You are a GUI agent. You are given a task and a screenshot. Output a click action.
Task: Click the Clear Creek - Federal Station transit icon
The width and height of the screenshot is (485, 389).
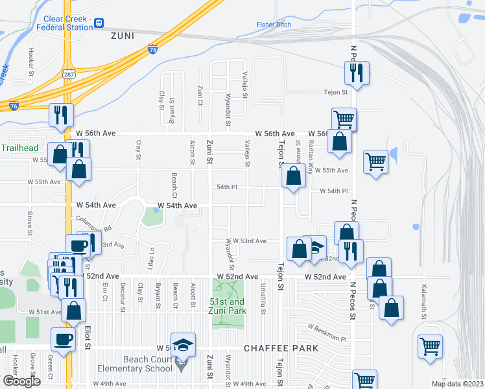(x=99, y=23)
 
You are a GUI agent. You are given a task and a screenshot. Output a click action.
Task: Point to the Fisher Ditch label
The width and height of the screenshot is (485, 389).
(x=274, y=25)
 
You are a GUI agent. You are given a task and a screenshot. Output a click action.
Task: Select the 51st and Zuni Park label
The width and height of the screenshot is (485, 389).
(x=227, y=306)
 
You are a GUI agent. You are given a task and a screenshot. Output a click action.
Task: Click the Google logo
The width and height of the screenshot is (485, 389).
(x=21, y=381)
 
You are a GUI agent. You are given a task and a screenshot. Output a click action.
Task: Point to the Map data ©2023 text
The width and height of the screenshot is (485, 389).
(x=457, y=383)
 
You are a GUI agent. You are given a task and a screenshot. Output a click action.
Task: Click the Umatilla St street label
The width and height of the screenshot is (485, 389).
(x=263, y=299)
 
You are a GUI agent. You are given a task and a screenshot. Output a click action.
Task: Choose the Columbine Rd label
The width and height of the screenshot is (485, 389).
(x=93, y=224)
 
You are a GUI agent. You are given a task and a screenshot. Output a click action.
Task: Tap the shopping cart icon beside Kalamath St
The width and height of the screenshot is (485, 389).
(x=429, y=348)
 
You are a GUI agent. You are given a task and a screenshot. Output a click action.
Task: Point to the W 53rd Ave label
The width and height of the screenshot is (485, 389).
(x=250, y=241)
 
